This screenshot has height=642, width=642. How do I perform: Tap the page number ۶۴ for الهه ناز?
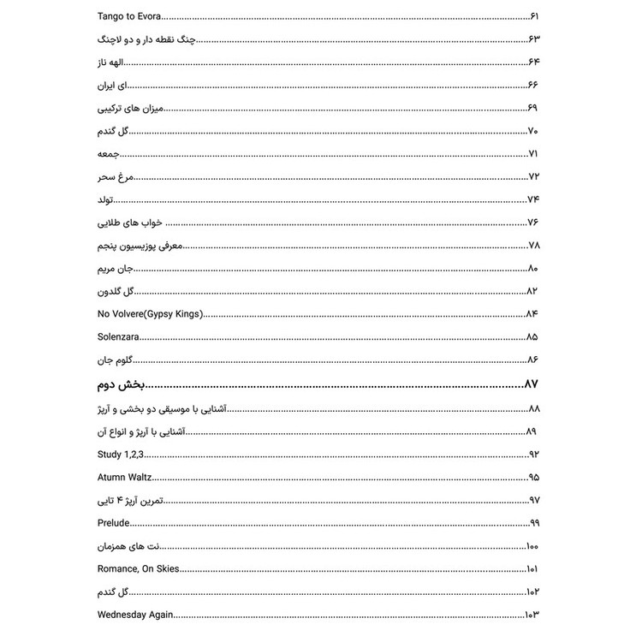(x=535, y=62)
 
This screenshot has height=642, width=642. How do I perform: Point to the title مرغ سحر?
(x=116, y=176)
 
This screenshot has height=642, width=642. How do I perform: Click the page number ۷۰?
(x=533, y=131)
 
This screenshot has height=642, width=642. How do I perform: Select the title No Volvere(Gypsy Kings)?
(x=151, y=314)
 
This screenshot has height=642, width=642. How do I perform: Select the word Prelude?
(x=113, y=523)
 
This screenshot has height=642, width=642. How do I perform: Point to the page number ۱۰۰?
(x=532, y=546)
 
